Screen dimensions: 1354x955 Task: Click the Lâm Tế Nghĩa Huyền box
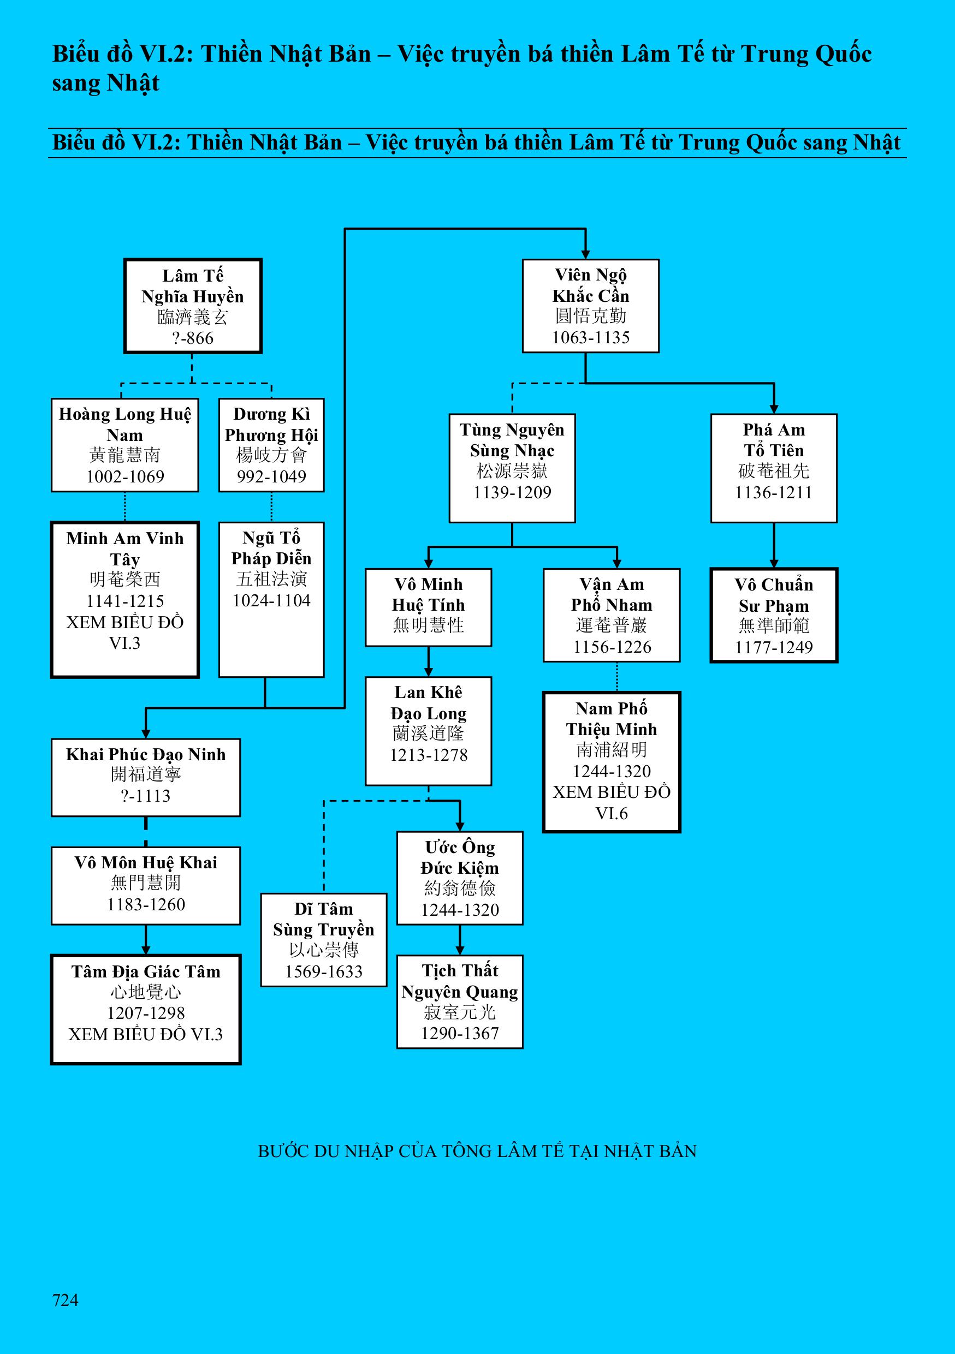pos(192,306)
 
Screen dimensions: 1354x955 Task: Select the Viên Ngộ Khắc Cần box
pos(590,306)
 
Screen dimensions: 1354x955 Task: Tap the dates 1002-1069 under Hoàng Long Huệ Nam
pos(125,476)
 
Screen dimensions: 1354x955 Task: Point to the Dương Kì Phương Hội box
pos(271,445)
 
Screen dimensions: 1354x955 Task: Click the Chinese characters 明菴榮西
pos(125,579)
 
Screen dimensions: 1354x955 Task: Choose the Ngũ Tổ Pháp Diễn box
pos(271,599)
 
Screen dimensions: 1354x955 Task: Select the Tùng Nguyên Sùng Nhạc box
pos(512,468)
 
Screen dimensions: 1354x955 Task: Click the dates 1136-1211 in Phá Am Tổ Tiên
pos(773,492)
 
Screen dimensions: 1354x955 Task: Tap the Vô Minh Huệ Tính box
pos(428,607)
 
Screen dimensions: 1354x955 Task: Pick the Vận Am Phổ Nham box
pos(612,615)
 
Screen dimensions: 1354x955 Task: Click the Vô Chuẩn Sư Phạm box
pos(773,615)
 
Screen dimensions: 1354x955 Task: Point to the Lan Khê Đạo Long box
pos(428,731)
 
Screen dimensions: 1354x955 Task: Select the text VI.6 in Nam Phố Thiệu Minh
pos(612,813)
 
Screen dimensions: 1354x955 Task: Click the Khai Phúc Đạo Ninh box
pos(146,777)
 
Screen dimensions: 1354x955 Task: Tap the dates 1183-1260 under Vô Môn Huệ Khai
pos(146,904)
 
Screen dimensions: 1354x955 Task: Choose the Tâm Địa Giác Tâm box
pos(146,1009)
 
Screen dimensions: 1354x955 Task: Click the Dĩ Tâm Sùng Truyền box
pos(324,940)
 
